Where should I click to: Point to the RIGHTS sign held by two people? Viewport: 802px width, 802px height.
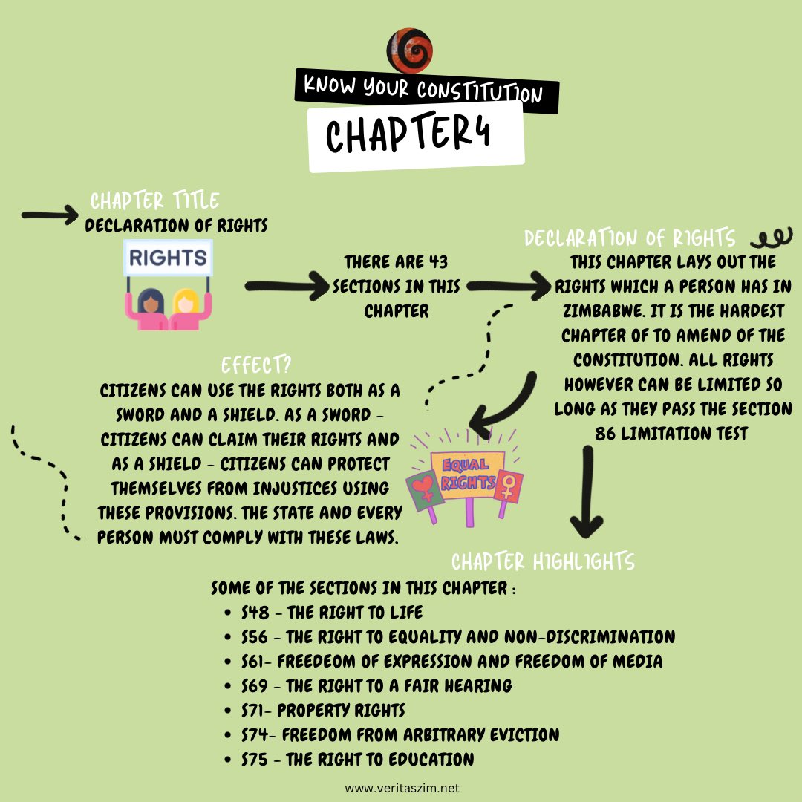point(168,258)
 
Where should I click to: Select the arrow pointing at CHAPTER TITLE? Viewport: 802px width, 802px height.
point(49,215)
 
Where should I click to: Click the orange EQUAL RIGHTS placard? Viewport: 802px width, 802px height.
point(466,475)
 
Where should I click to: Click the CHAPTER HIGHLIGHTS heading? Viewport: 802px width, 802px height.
point(543,561)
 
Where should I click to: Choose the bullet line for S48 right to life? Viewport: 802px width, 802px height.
point(332,613)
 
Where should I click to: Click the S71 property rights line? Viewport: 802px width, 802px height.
point(323,710)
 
